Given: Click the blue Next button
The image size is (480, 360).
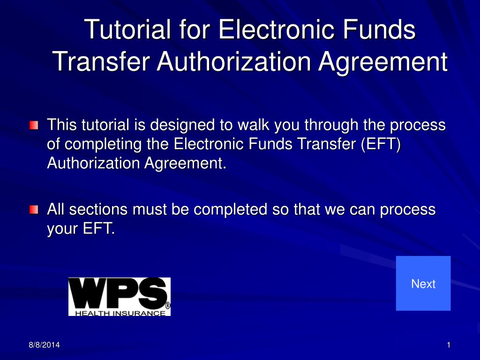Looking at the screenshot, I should pos(423,283).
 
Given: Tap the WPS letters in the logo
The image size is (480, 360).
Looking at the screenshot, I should pos(119,293).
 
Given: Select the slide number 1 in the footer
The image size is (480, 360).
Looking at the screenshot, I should pos(449,345).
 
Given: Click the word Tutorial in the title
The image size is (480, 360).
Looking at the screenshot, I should pos(127,30).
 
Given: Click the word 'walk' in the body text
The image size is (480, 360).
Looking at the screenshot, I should pos(254,125).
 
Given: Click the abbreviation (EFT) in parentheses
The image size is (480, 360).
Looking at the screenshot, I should pos(380,144).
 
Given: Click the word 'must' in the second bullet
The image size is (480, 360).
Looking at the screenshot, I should pos(150,209).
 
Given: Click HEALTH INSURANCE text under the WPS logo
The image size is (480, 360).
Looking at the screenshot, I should pos(118,313).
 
